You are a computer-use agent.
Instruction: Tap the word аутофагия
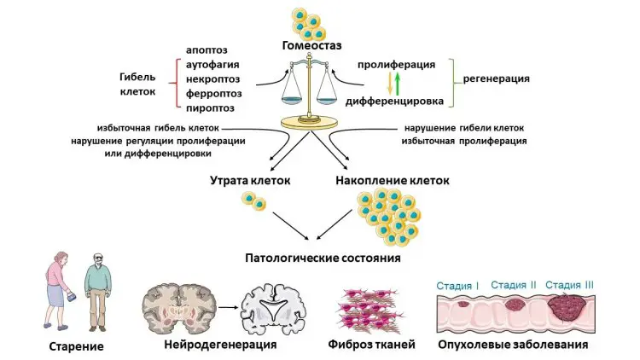pos(212,64)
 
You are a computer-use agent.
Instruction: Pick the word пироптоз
pos(211,108)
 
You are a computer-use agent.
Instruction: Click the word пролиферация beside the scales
pos(399,64)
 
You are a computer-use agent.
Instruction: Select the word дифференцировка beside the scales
pos(393,102)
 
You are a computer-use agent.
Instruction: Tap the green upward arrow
pos(398,83)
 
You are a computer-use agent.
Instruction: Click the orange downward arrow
pos(389,83)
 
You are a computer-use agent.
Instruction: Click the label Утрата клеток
pos(250,181)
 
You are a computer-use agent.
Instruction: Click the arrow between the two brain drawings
pos(226,303)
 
